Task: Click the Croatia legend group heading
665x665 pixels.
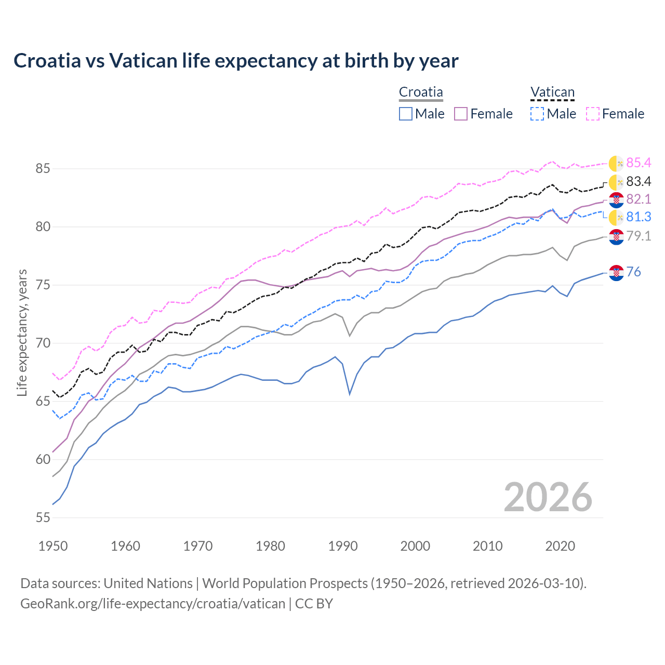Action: click(x=421, y=92)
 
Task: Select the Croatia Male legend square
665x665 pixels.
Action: click(x=406, y=114)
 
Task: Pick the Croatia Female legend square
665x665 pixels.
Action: click(x=461, y=114)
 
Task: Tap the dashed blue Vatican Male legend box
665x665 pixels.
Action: click(x=537, y=114)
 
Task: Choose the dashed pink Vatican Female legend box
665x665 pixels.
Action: click(x=593, y=114)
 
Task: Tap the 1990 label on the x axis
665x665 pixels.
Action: click(x=343, y=546)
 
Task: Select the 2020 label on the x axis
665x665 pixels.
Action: click(x=560, y=546)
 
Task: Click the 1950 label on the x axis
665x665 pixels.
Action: click(x=54, y=546)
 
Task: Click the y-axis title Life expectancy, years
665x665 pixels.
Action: click(x=22, y=332)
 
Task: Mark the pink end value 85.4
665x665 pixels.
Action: click(x=639, y=163)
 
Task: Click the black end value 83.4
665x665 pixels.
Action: click(x=639, y=182)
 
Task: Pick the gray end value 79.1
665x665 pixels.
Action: click(x=639, y=236)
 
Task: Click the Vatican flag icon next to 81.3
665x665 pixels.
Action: click(x=616, y=218)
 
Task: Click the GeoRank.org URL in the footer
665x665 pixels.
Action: click(x=153, y=604)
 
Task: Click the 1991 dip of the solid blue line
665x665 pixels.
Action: click(x=350, y=394)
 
